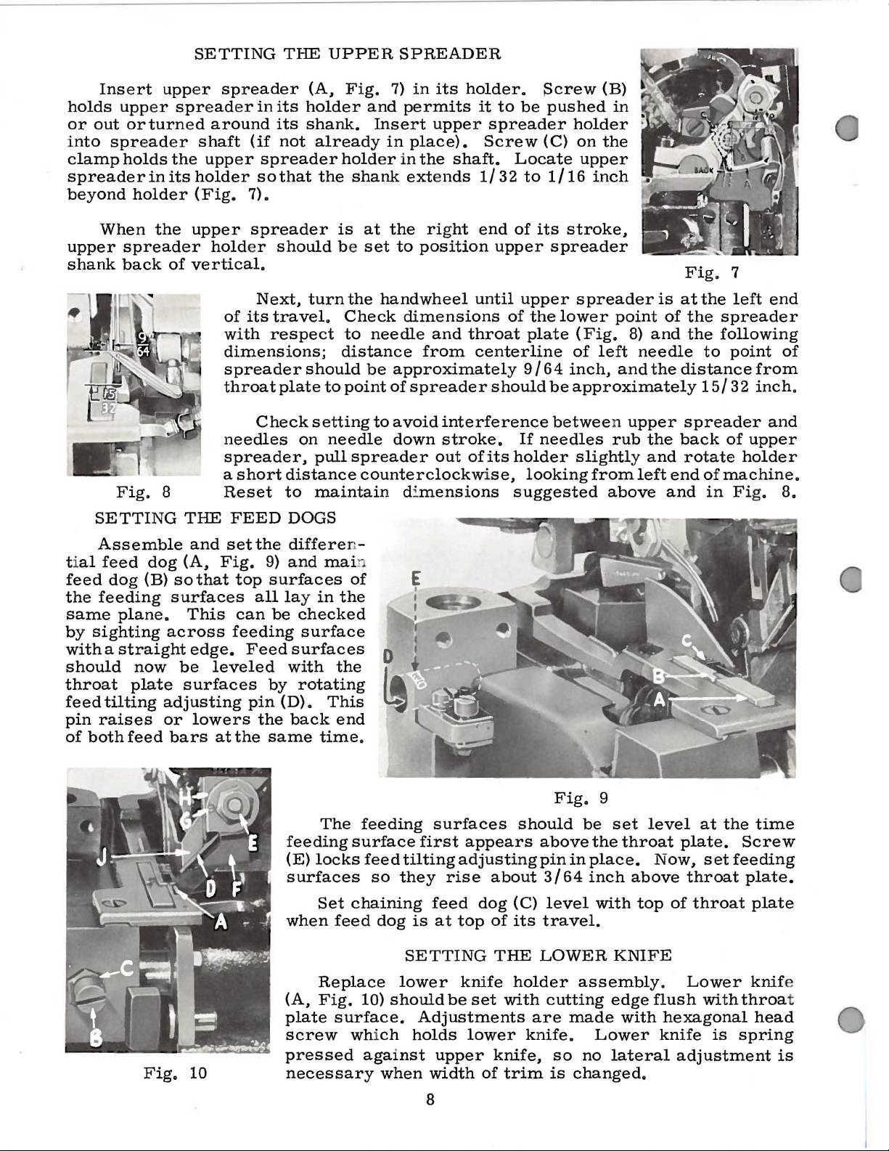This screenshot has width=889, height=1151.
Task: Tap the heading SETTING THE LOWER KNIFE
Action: tap(538, 954)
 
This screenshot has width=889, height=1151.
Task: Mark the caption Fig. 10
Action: tap(175, 1072)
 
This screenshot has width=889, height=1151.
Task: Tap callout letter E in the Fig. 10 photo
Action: tap(254, 842)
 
